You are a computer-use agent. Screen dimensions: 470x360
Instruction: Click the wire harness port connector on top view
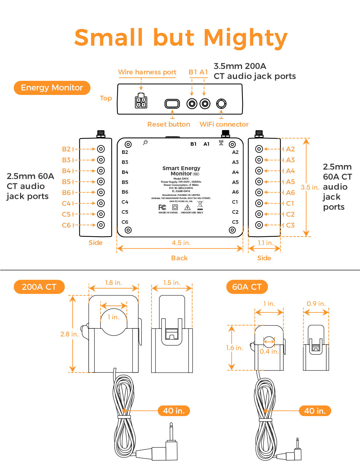141,101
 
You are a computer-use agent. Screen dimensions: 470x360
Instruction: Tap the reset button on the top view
172,104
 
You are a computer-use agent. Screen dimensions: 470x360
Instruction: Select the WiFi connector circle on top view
221,103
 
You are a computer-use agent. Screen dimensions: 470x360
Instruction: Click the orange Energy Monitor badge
52,88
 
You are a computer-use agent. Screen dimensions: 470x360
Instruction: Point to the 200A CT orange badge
39,287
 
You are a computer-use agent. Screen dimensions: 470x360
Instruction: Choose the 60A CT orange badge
247,287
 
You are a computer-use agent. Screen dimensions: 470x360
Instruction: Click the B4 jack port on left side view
101,171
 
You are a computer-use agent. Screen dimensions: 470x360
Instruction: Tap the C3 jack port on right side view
259,225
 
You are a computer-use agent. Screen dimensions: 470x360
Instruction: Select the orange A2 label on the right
290,149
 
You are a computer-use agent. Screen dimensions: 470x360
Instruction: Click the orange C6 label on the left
66,225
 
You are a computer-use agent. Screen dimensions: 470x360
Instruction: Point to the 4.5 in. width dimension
181,243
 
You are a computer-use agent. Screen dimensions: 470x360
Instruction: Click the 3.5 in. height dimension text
310,187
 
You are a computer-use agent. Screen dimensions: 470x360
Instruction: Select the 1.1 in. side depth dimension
265,243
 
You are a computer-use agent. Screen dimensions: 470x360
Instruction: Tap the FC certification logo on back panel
162,207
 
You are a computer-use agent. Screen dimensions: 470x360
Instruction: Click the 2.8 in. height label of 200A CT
69,334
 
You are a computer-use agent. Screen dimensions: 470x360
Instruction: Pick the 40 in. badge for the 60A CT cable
315,411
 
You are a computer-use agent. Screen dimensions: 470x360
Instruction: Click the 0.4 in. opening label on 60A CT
269,352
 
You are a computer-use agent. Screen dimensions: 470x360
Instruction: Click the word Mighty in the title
245,38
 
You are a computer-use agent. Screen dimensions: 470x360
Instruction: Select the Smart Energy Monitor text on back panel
181,171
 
